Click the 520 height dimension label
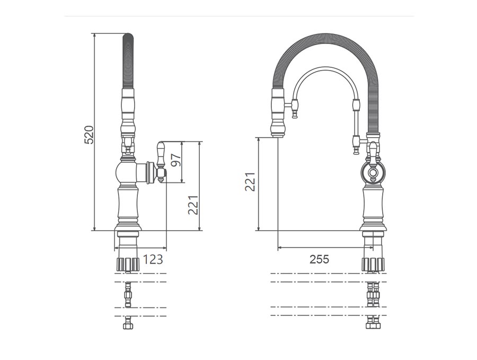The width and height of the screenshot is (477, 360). coord(89,135)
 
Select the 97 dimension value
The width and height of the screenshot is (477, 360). coord(176,160)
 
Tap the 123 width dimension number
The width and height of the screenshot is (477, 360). coord(153,260)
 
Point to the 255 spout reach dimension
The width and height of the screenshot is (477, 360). coord(320,259)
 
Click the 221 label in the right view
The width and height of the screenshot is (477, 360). coord(250,182)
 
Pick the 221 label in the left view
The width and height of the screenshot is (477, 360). coord(193,205)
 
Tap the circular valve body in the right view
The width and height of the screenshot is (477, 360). coord(373,173)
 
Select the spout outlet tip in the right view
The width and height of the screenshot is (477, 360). coord(278,135)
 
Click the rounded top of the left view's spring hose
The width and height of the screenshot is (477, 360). coord(128,36)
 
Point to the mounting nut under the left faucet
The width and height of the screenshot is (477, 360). coord(128,264)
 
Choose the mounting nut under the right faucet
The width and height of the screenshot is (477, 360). coord(373,264)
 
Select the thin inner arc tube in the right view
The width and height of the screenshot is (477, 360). coord(325,69)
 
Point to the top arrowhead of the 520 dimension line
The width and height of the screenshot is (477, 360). coord(95,34)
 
